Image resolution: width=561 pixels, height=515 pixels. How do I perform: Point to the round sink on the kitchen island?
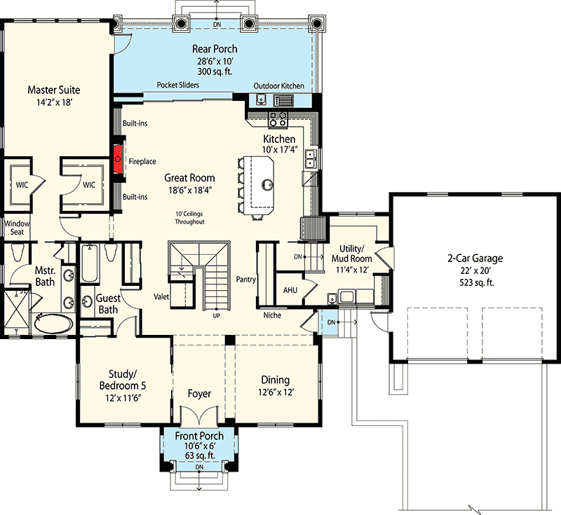tap(266, 185)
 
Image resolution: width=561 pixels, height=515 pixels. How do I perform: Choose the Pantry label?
tap(246, 280)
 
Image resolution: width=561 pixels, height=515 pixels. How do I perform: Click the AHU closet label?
tap(290, 289)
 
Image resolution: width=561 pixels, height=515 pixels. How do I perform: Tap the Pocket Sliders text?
tap(177, 85)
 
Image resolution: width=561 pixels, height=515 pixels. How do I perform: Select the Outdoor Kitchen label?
tap(278, 85)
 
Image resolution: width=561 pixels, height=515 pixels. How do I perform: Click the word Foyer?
tap(199, 394)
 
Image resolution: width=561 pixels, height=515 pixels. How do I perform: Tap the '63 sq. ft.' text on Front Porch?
tap(199, 455)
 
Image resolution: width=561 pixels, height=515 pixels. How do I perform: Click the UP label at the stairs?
tap(216, 315)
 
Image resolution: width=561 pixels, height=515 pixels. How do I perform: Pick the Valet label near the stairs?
tap(162, 296)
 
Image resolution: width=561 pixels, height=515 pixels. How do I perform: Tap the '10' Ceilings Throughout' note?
tap(189, 218)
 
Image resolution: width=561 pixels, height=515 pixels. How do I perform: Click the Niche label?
tap(271, 315)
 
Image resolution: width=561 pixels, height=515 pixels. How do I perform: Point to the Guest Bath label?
tap(109, 303)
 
